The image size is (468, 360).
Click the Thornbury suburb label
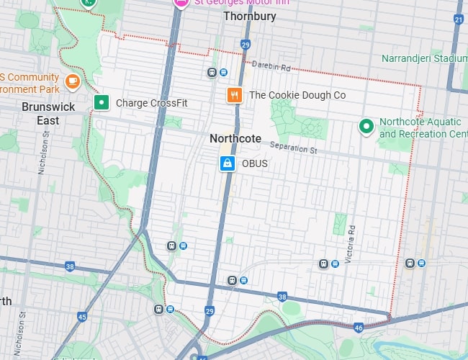tap(249, 16)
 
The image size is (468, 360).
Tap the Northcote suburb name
tap(235, 138)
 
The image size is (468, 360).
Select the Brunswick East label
tap(48, 113)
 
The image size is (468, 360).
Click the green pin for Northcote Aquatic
tap(366, 127)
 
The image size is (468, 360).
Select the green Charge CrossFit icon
tap(102, 103)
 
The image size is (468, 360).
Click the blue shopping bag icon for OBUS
tap(228, 163)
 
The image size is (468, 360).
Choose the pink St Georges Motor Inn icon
tap(181, 4)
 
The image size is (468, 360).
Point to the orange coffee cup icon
tap(71, 81)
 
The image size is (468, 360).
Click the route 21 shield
tap(459, 19)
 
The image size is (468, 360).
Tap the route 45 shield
tap(82, 316)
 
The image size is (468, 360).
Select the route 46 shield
tap(359, 327)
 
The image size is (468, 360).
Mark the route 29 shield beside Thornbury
tap(246, 45)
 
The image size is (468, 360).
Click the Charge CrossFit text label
tap(151, 103)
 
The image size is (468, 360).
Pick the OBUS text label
tap(255, 163)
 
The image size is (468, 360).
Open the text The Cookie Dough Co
tap(297, 95)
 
